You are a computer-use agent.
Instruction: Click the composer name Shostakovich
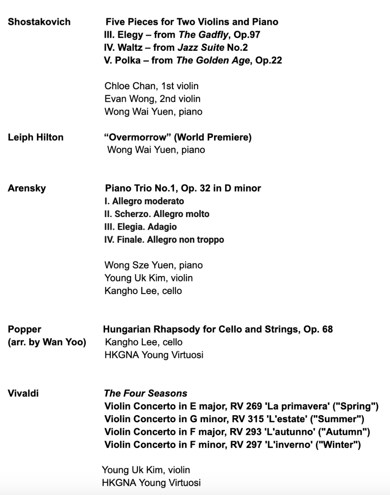[39, 22]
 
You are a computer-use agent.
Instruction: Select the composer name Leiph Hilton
[36, 137]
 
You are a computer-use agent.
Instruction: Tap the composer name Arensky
[26, 188]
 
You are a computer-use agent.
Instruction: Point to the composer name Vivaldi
[23, 393]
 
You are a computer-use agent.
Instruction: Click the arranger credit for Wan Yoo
[47, 342]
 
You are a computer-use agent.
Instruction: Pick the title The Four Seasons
[146, 393]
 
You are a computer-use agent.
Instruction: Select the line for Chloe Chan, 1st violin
[151, 86]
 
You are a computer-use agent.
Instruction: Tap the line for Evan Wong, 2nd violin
[152, 99]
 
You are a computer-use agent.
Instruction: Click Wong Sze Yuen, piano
[154, 265]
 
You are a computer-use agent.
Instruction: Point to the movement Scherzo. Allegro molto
[157, 214]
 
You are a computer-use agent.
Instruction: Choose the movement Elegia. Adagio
[141, 227]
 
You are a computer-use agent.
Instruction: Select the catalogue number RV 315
[253, 419]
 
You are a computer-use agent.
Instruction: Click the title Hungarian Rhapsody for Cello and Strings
[199, 329]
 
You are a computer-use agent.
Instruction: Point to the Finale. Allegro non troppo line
[164, 240]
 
